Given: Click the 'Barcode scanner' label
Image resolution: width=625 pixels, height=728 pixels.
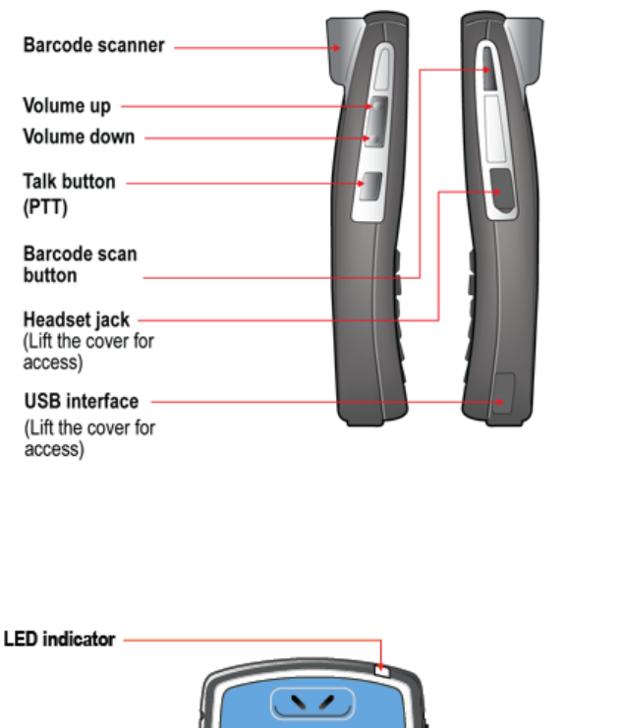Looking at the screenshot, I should point(93,46).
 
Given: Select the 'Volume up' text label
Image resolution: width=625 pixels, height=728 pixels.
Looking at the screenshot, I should point(67,105).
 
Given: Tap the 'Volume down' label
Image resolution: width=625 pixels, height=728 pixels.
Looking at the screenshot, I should point(79,137).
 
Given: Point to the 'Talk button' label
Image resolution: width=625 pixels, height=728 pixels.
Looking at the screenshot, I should point(69,182).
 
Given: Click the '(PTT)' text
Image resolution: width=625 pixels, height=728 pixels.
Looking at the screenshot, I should point(43,208).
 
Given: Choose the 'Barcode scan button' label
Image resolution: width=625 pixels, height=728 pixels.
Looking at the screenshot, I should point(80,264).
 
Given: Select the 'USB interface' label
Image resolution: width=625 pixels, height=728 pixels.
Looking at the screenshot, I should point(81,401).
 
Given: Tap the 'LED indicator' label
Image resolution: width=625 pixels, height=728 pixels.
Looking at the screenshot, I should point(59,640).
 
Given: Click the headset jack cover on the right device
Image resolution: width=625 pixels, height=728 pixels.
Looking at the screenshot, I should point(502,190).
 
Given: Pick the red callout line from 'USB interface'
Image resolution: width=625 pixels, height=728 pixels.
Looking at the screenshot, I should point(324,401).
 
